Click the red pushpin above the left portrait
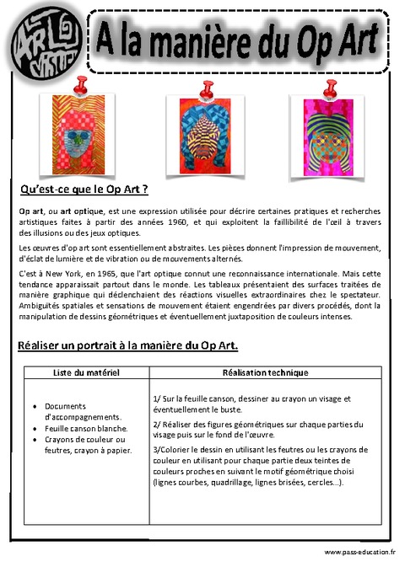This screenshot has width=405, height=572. click(81, 84)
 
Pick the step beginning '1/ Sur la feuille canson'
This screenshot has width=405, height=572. click(253, 404)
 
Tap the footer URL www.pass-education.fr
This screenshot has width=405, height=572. click(359, 552)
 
